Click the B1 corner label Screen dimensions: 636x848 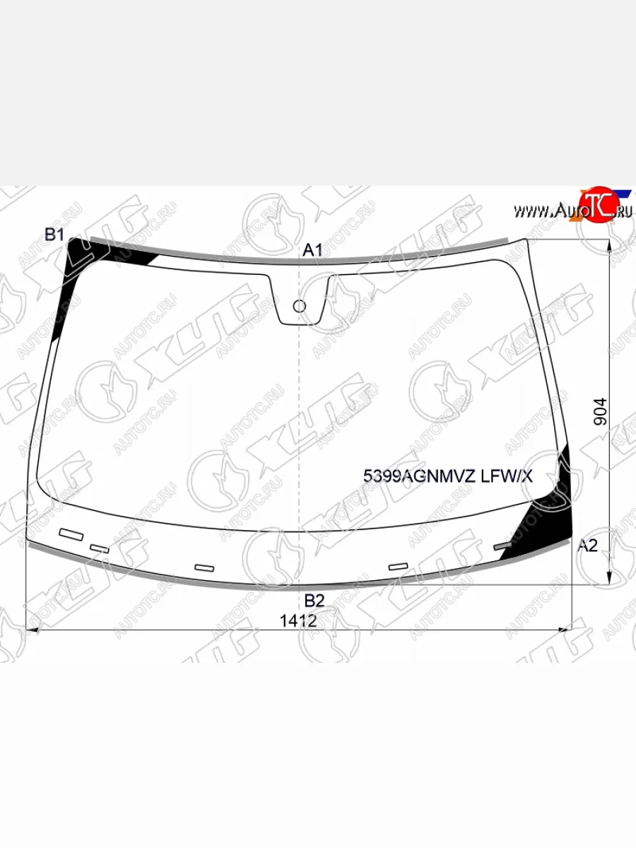coord(54,235)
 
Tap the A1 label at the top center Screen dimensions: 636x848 coord(312,250)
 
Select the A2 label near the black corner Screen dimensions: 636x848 coord(588,546)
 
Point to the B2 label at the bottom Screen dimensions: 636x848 coord(314,601)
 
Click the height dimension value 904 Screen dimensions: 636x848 coord(601,412)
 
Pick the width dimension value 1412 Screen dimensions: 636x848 coord(298,621)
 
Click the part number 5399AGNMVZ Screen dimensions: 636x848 coord(419,477)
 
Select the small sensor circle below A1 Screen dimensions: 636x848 coord(300,307)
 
